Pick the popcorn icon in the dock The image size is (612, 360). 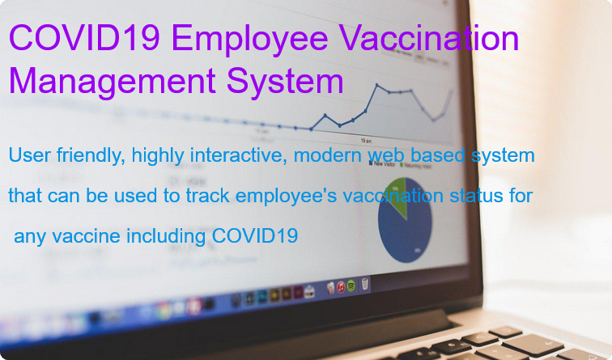[329, 287]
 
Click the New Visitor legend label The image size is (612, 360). [383, 163]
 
